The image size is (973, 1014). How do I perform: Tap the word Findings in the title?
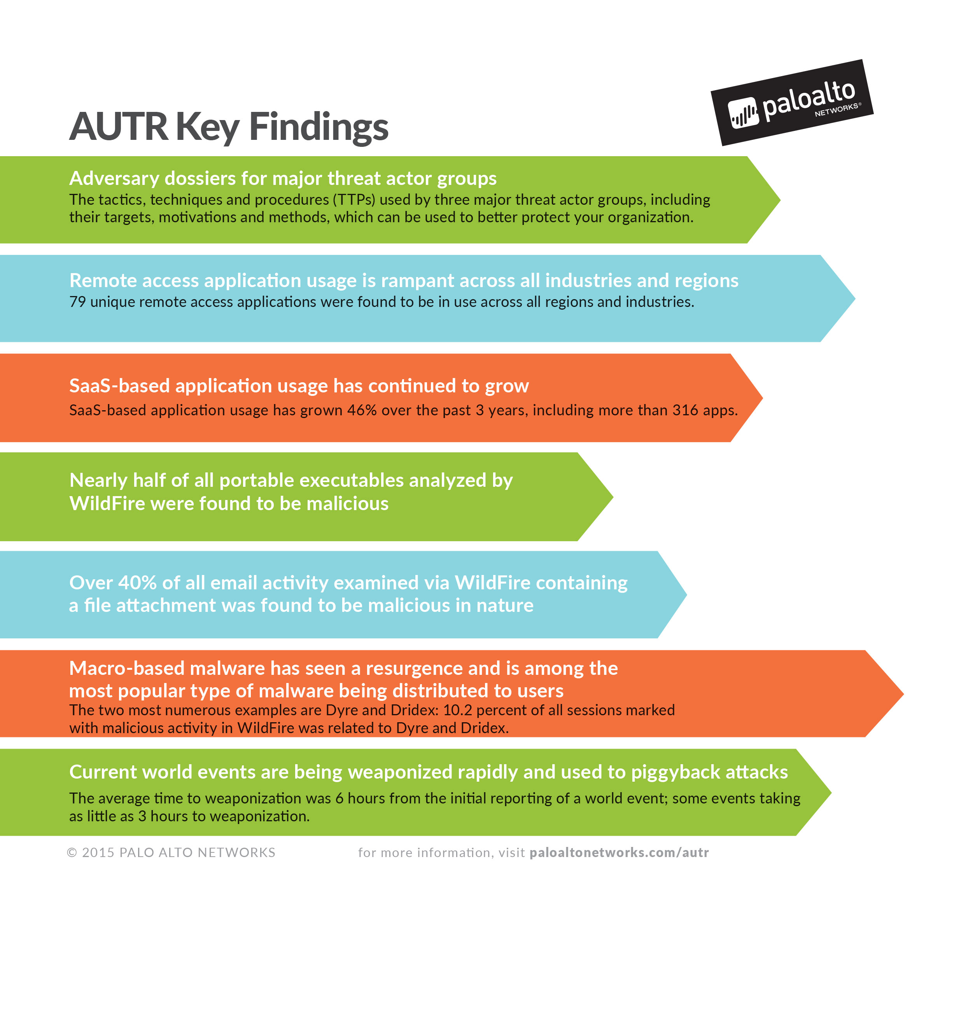click(318, 127)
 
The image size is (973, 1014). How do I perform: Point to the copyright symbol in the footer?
click(72, 853)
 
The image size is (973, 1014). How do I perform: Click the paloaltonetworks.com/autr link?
click(619, 853)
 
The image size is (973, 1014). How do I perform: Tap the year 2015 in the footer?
click(98, 853)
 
